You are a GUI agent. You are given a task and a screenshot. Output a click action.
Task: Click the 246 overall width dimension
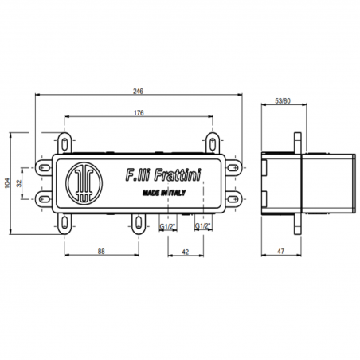pyautogui.click(x=139, y=91)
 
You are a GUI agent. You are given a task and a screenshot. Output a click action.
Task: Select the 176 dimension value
pyautogui.click(x=139, y=114)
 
